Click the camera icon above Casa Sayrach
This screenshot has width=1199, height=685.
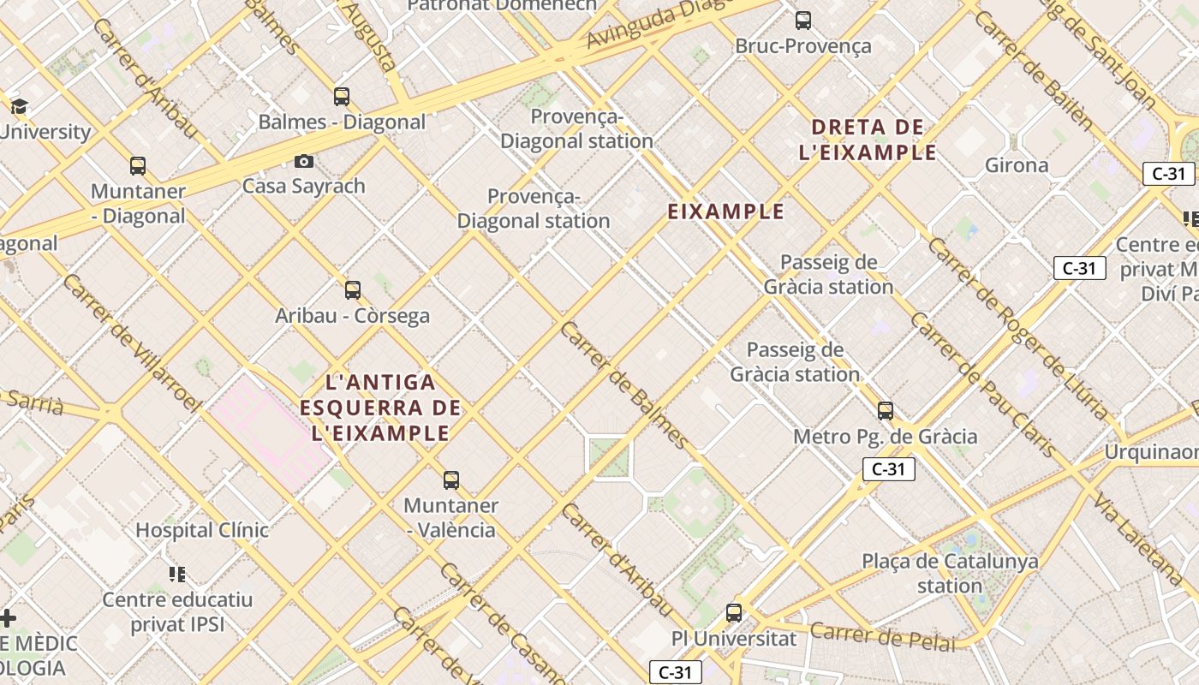click(x=303, y=161)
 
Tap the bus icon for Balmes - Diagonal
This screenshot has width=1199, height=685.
click(x=342, y=97)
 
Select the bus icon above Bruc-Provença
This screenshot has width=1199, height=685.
click(x=802, y=21)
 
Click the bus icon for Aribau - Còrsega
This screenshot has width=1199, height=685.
click(x=352, y=290)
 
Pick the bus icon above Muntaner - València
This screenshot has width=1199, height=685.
click(x=451, y=480)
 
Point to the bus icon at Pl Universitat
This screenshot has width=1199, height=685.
click(x=734, y=613)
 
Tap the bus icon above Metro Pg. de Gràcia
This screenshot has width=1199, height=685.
click(x=886, y=411)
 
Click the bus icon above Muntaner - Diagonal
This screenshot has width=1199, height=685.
click(x=138, y=166)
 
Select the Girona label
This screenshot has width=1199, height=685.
click(x=1017, y=165)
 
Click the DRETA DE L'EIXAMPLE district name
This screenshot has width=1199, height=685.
click(x=868, y=140)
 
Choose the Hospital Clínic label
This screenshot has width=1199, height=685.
click(x=202, y=530)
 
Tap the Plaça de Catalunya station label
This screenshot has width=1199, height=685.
click(x=950, y=574)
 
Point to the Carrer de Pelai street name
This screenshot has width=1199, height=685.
click(x=882, y=637)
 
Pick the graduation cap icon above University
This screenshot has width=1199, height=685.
click(x=19, y=107)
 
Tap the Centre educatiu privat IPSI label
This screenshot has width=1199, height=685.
click(x=178, y=611)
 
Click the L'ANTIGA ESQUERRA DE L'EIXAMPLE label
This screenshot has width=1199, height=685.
click(x=380, y=408)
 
